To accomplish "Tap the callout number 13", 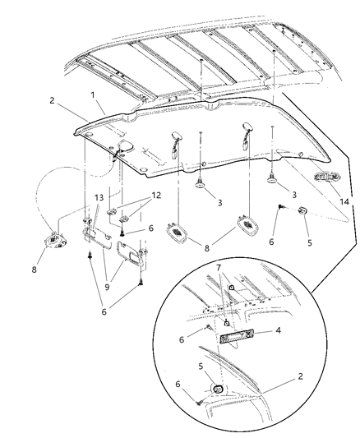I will tap(99, 198).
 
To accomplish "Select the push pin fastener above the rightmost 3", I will tap(272, 175).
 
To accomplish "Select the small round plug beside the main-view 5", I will tap(301, 211).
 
